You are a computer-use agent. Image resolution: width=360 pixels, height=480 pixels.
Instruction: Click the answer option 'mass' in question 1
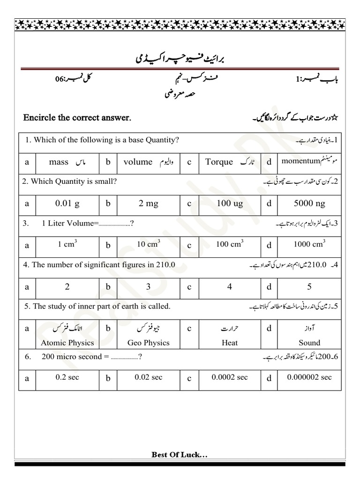[x=59, y=162]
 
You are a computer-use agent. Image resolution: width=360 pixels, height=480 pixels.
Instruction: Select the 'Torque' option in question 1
[x=219, y=162]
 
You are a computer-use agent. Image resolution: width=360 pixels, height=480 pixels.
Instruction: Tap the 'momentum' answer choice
[x=300, y=161]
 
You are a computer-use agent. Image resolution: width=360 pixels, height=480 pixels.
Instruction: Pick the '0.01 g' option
[x=67, y=203]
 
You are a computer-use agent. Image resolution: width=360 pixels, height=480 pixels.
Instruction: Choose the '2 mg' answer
[x=148, y=203]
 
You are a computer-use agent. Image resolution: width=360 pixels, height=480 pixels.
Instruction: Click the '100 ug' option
[x=230, y=203]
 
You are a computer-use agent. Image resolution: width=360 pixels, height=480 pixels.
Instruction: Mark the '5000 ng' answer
[x=309, y=203]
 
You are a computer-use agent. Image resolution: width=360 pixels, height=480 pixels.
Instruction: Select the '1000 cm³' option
[x=309, y=244]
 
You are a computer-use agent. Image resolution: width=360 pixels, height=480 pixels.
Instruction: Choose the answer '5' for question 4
[x=309, y=286]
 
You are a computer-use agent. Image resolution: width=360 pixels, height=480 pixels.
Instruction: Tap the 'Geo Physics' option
[x=148, y=343]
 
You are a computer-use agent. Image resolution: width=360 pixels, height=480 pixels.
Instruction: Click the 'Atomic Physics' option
[x=67, y=343]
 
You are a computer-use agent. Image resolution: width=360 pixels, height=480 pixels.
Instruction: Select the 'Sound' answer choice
[x=309, y=343]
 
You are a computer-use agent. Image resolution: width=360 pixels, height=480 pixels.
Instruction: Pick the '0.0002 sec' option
[x=230, y=377]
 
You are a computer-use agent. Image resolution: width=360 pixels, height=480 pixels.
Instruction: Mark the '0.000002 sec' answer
[x=309, y=377]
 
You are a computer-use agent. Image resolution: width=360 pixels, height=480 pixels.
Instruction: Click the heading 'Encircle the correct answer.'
[x=77, y=118]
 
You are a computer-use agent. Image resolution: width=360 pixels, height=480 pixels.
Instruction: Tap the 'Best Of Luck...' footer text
[x=180, y=454]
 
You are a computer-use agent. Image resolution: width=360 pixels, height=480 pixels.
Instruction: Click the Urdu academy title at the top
[x=180, y=60]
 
